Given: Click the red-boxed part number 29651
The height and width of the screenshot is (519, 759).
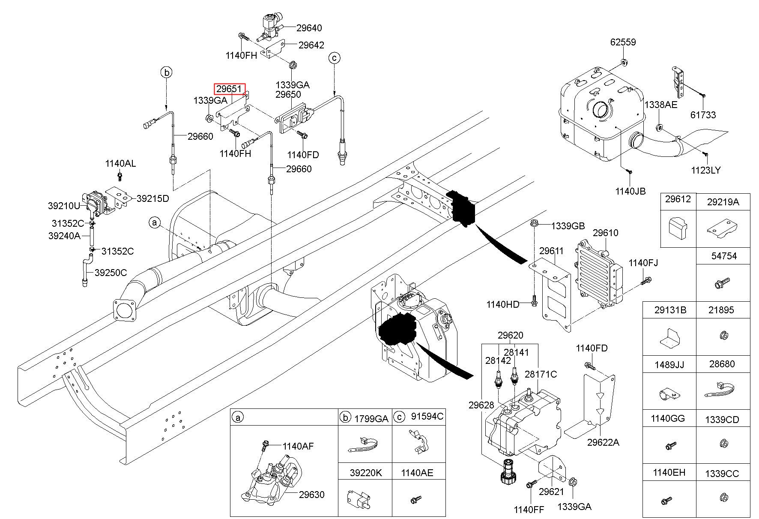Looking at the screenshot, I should (230, 89).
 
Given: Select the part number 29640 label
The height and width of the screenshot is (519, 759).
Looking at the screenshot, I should (309, 28).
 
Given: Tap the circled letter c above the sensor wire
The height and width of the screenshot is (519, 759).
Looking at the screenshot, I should (334, 57).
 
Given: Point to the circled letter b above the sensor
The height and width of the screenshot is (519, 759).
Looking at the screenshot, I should (167, 72).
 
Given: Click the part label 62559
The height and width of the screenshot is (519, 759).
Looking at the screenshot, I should (623, 42).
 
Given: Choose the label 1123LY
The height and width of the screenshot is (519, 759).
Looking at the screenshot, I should (705, 170).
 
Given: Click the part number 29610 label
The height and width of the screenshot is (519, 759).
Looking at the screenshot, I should (605, 233).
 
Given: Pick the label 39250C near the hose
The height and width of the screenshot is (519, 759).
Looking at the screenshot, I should (111, 273).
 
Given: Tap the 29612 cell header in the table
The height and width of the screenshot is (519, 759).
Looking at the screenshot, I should (678, 199).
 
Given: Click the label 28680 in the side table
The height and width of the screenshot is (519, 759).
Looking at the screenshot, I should (722, 364).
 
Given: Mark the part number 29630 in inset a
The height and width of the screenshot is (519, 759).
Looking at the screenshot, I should (311, 495).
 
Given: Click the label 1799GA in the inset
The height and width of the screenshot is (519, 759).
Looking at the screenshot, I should (371, 418).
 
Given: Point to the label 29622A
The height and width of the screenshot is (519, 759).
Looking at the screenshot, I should (603, 442).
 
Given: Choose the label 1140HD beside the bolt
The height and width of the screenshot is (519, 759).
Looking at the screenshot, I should (502, 304).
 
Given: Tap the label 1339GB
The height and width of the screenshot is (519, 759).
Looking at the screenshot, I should (568, 226).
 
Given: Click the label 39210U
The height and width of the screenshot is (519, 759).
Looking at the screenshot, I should (64, 206).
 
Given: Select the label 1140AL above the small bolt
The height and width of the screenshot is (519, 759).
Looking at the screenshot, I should (120, 163).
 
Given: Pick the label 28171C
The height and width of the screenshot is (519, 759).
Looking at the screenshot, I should (541, 374).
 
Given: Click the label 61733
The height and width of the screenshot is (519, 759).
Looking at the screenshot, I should (703, 114).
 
